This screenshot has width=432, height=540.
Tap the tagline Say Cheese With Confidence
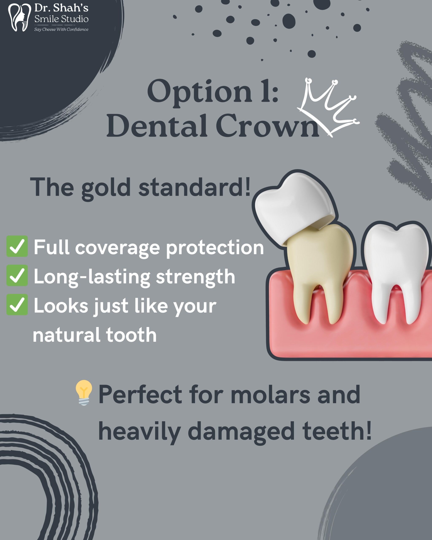[x=61, y=30]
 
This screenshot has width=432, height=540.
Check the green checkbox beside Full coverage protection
[x=17, y=246]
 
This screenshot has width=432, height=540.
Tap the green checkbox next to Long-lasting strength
[x=17, y=275]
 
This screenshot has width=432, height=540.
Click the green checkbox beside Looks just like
[x=17, y=305]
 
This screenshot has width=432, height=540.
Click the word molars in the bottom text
[x=270, y=394]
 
